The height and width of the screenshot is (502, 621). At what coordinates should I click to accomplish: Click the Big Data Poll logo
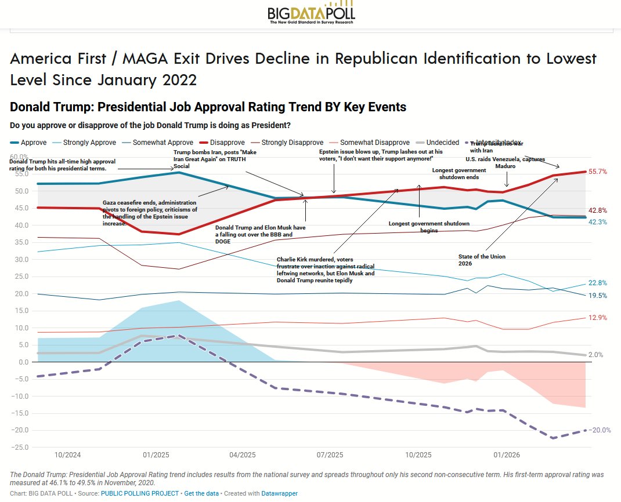pyautogui.click(x=310, y=14)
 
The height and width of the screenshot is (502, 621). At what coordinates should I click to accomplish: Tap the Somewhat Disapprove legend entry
pyautogui.click(x=366, y=142)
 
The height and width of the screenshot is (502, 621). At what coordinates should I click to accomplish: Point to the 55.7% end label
pyautogui.click(x=598, y=172)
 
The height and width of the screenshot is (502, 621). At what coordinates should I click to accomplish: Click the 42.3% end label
pyautogui.click(x=598, y=222)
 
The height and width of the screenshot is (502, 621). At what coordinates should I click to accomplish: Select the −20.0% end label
pyautogui.click(x=600, y=430)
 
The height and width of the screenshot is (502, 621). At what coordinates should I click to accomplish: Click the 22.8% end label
pyautogui.click(x=598, y=283)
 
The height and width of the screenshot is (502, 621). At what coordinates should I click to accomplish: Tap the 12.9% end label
pyautogui.click(x=598, y=318)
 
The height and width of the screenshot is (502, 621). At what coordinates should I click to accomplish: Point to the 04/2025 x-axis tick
pyautogui.click(x=242, y=454)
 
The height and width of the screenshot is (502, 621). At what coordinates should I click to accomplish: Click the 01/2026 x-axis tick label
pyautogui.click(x=506, y=454)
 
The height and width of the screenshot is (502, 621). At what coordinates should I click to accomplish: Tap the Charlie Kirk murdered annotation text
pyautogui.click(x=326, y=270)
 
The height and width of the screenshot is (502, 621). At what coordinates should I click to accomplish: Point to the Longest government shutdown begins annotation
pyautogui.click(x=420, y=227)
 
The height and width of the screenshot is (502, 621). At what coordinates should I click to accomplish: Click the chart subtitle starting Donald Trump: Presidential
pyautogui.click(x=208, y=107)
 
